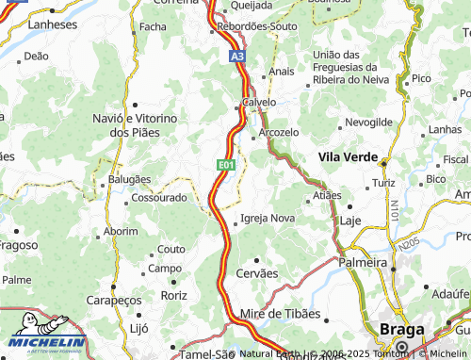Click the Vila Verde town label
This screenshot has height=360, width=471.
click(x=348, y=156)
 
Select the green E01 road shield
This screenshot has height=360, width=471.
click(x=225, y=165)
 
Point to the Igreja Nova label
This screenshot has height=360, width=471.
click(x=268, y=218)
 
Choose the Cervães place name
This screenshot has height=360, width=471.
click(x=258, y=272)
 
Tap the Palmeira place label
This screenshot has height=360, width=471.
click(x=363, y=261)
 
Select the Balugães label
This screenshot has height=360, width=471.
click(x=129, y=178)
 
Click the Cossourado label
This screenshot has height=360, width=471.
click(x=158, y=199)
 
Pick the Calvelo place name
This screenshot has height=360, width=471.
click(x=258, y=102)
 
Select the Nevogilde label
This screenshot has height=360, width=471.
click(x=368, y=123)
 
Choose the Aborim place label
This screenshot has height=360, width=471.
click(x=121, y=231)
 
